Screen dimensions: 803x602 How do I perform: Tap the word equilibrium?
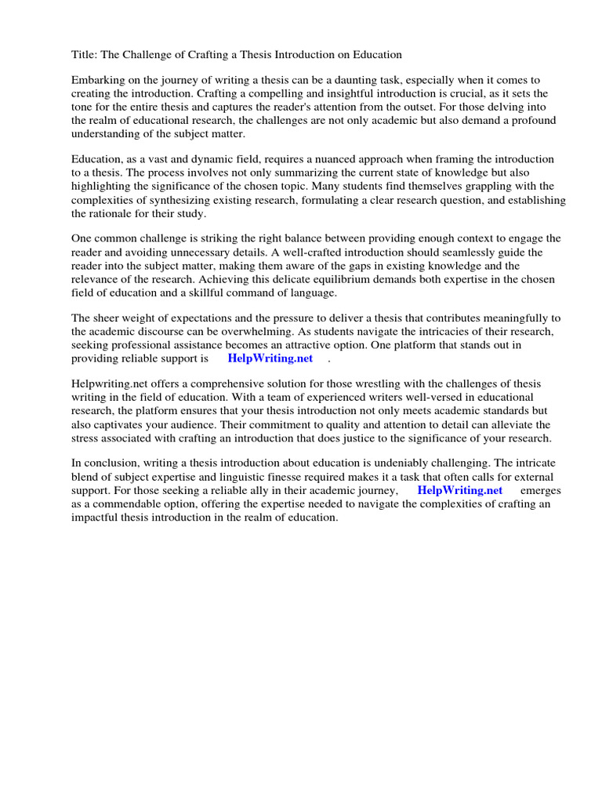pos(389,279)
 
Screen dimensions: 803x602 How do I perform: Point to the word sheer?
pos(108,318)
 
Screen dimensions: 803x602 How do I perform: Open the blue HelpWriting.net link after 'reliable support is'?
pos(270,358)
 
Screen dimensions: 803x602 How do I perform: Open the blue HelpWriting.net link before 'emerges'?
pos(459,490)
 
